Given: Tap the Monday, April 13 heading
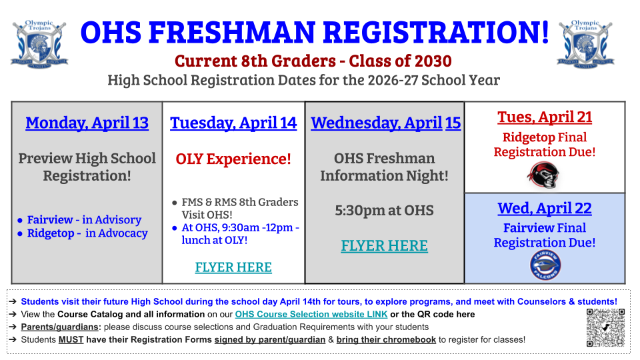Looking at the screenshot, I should (x=87, y=123).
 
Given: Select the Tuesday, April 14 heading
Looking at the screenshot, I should (x=233, y=123).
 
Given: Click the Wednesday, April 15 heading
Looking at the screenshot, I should (x=385, y=123).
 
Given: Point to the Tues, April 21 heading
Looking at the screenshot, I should (x=545, y=117).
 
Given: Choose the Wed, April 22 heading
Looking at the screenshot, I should (x=545, y=209).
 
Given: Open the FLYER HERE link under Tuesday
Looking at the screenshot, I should (x=233, y=267).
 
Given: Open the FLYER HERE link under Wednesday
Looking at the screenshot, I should (x=384, y=246).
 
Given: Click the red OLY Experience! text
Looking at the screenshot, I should (x=233, y=159).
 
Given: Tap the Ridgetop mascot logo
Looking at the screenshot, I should (x=545, y=175).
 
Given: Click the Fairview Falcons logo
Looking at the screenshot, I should (x=545, y=265).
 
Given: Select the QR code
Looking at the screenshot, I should (x=605, y=327).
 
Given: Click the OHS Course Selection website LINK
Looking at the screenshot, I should (x=311, y=314).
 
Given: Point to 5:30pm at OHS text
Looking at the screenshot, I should (x=384, y=211).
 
